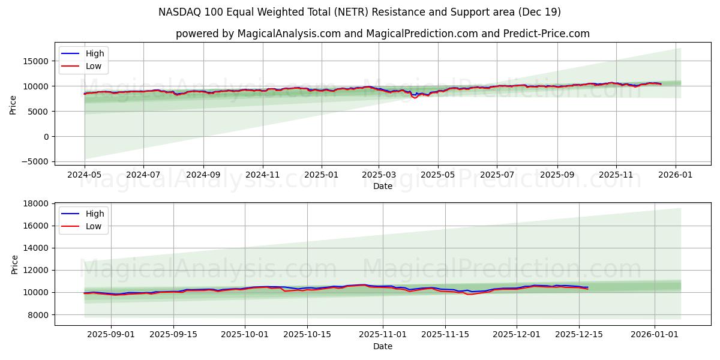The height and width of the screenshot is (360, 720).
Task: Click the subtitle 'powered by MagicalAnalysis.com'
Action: point(382,34)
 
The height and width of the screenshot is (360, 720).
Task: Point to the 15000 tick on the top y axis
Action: point(36,61)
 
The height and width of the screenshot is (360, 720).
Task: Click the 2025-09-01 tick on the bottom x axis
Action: point(111,334)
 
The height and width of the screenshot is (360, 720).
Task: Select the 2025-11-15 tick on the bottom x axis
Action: point(445,334)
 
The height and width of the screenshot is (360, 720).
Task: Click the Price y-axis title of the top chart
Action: point(13,105)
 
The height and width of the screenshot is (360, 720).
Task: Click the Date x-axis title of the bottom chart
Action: point(382,346)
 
